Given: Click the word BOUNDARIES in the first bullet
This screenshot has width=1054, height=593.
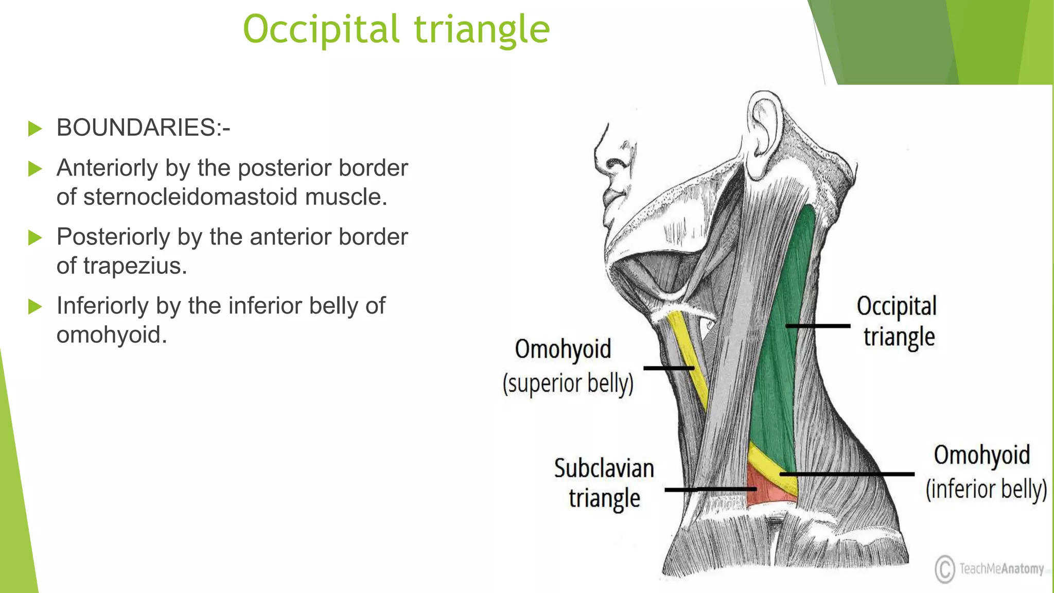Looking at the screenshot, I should [x=136, y=128].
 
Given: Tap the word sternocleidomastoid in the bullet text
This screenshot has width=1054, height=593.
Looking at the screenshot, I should [x=190, y=197].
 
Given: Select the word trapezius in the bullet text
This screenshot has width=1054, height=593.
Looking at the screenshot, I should [x=134, y=266].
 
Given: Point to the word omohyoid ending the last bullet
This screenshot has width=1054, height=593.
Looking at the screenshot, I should [x=112, y=335].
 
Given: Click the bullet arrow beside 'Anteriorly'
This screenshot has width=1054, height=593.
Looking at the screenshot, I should [x=35, y=168].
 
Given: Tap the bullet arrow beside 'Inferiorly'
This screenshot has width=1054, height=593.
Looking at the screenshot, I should [x=35, y=306].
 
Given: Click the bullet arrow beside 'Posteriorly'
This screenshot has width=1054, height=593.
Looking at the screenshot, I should [x=35, y=237].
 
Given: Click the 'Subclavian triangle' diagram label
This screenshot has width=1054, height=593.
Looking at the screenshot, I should [x=604, y=483].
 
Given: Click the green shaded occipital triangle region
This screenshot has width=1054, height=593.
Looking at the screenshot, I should [x=777, y=360].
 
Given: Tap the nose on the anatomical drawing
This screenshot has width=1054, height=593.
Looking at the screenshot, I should [x=607, y=154].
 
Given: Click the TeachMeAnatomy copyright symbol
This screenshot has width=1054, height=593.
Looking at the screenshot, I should [x=944, y=569].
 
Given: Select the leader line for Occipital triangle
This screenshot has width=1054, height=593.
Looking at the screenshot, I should [x=818, y=326].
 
